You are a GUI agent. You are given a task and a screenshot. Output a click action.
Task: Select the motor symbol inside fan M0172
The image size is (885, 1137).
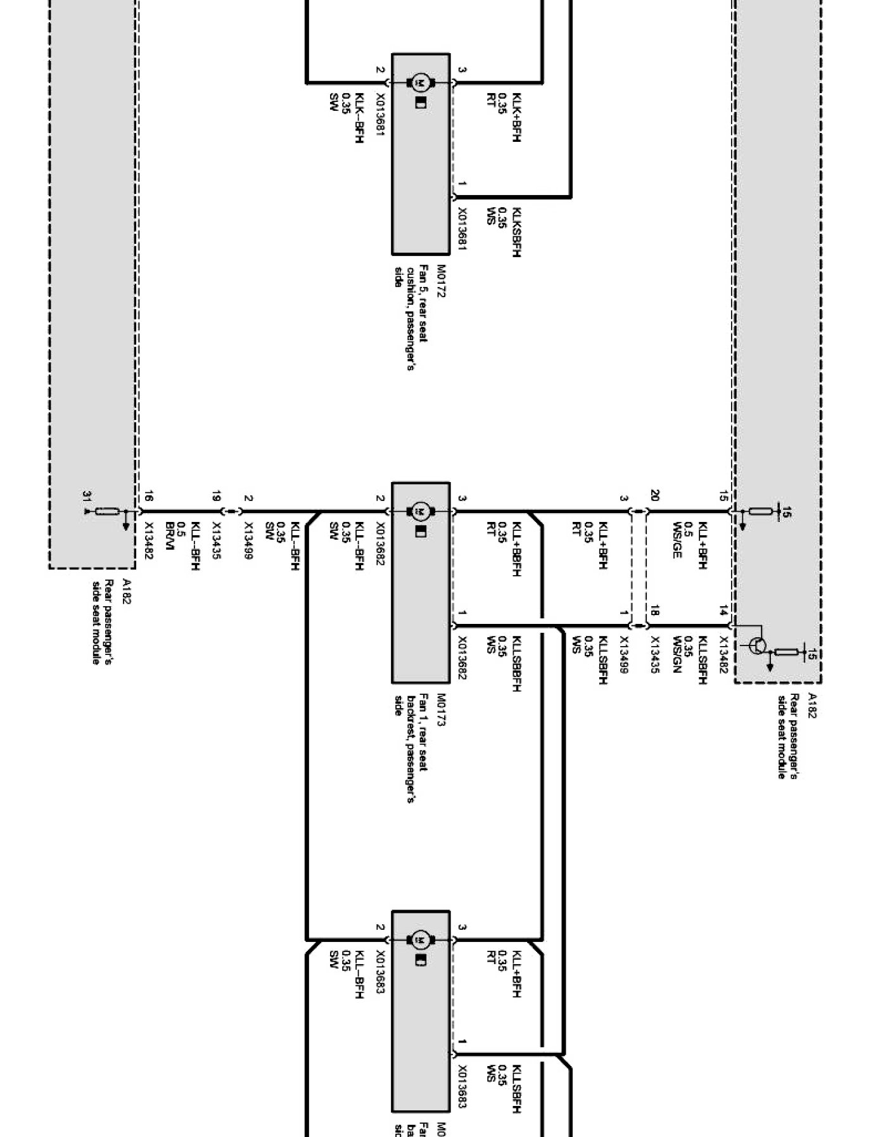coord(420,82)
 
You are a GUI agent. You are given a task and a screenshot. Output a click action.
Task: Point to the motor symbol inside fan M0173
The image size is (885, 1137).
coord(420,511)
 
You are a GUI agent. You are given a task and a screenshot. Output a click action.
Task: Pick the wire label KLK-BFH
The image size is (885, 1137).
coord(359,118)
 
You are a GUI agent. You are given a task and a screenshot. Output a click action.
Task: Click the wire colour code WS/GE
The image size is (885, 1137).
coord(677,539)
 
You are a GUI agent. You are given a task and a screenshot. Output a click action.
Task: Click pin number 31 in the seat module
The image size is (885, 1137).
coord(87,496)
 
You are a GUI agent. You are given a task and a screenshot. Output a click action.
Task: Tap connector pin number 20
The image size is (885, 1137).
coord(654,496)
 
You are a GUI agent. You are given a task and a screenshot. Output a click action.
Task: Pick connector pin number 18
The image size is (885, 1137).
coord(654,611)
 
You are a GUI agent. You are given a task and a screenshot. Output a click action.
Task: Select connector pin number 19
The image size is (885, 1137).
coord(217,496)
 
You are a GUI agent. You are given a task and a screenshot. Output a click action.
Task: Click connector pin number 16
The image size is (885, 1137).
coord(149,496)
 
